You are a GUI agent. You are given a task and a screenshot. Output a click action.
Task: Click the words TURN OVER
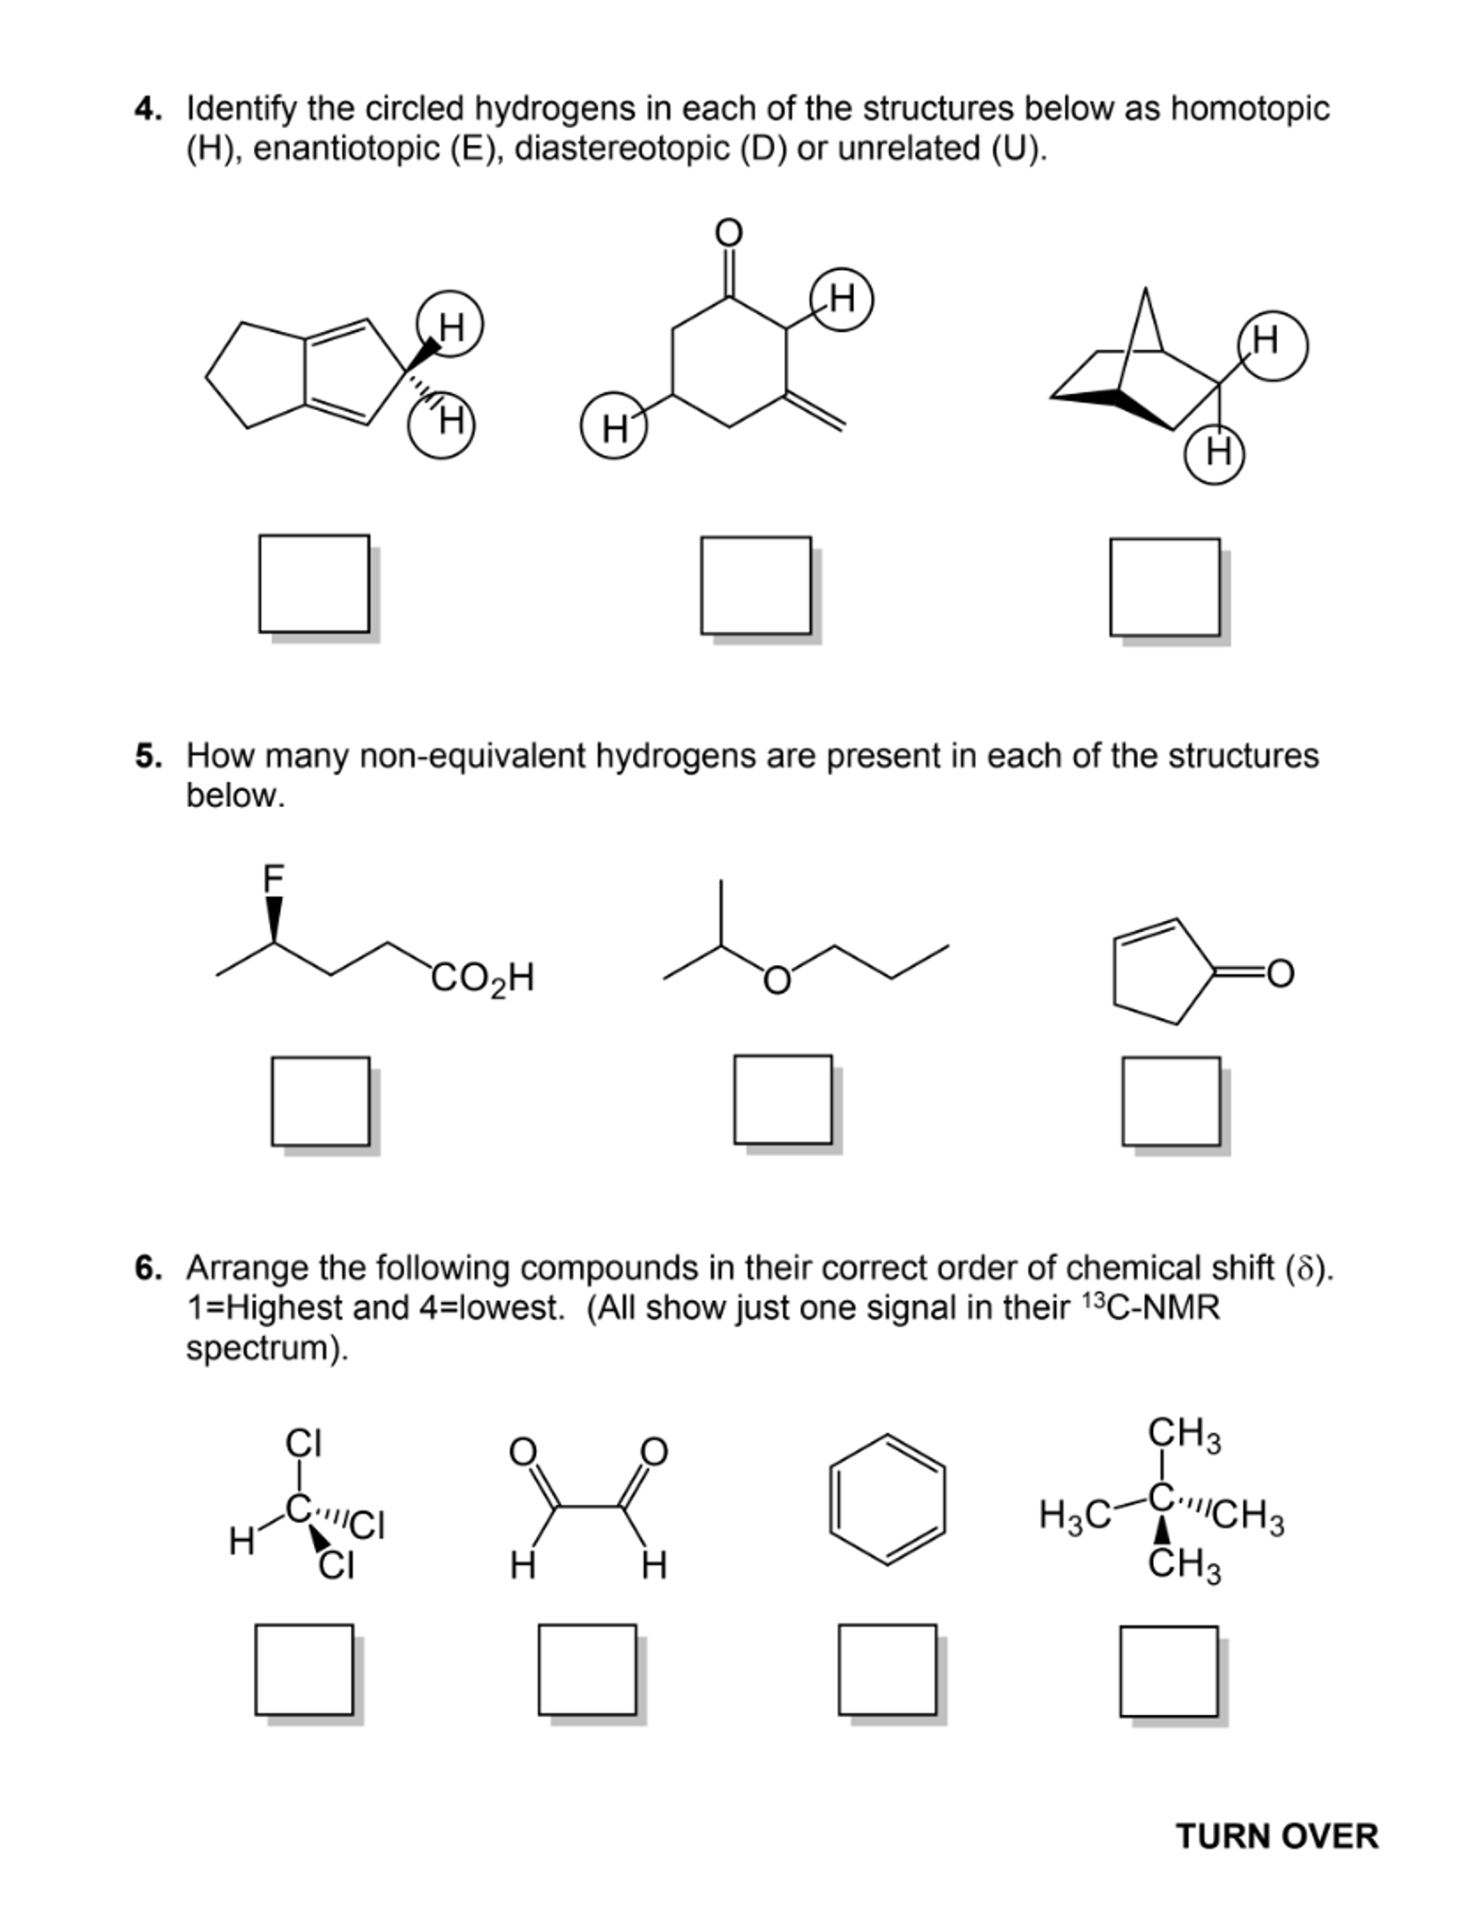(1276, 1836)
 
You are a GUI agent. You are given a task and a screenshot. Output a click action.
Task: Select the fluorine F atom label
(273, 879)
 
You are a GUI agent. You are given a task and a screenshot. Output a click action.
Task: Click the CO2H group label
(482, 978)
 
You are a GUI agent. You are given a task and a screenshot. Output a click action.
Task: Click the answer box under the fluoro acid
(320, 1101)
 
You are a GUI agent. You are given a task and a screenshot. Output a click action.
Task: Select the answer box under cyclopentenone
(1170, 1101)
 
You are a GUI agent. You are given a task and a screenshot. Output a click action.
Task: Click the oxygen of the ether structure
(776, 980)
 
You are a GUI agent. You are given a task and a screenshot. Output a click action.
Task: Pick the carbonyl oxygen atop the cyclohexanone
(728, 232)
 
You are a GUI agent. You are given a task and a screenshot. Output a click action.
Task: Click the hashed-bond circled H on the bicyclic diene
(442, 423)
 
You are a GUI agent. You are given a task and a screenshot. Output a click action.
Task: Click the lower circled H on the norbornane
(1217, 452)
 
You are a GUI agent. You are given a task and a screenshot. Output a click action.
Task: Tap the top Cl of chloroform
(303, 1442)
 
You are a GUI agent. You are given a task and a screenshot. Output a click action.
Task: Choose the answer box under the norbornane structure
(1164, 587)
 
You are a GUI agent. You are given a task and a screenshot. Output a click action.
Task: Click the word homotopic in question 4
(1249, 109)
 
